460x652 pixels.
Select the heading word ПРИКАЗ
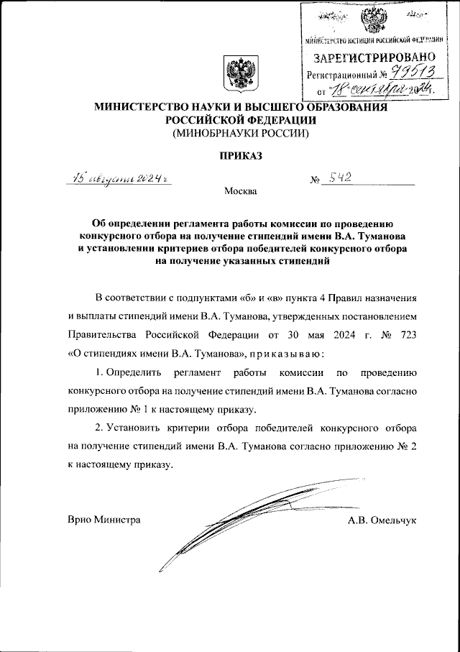coord(238,155)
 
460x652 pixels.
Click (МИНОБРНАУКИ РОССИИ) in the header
coord(238,133)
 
